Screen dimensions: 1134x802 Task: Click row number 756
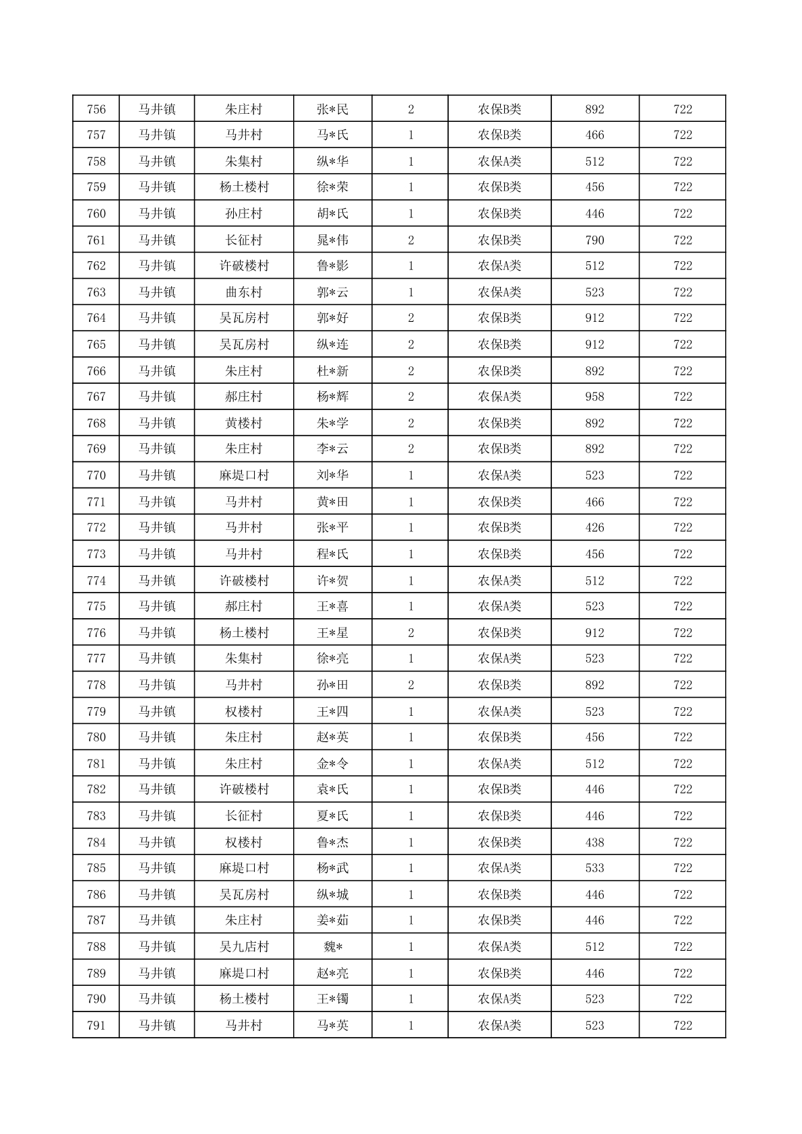click(x=96, y=109)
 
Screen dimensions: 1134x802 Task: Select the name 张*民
click(x=333, y=109)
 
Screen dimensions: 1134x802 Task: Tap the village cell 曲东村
click(x=243, y=292)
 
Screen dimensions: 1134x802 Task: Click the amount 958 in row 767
click(x=594, y=397)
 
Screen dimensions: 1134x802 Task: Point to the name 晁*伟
click(x=333, y=240)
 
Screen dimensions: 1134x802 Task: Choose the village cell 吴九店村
click(x=243, y=947)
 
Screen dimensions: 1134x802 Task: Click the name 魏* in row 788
click(x=333, y=947)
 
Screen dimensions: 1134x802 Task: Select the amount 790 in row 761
click(x=594, y=240)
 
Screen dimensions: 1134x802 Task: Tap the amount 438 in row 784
click(x=594, y=842)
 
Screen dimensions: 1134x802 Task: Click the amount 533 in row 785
click(x=594, y=868)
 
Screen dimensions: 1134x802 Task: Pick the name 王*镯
click(x=333, y=999)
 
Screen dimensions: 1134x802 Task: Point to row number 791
click(x=96, y=1026)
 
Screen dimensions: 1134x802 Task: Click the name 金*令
click(x=333, y=764)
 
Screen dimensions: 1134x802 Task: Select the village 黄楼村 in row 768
click(x=243, y=423)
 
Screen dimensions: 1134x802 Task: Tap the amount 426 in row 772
click(x=594, y=527)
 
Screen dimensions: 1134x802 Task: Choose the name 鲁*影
click(x=333, y=265)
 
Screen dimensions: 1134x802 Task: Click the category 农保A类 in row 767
click(x=499, y=397)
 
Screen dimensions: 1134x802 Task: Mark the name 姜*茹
click(x=333, y=920)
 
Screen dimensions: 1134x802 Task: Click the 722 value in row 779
click(x=682, y=711)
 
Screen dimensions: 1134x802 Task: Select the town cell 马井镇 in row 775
click(x=157, y=606)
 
